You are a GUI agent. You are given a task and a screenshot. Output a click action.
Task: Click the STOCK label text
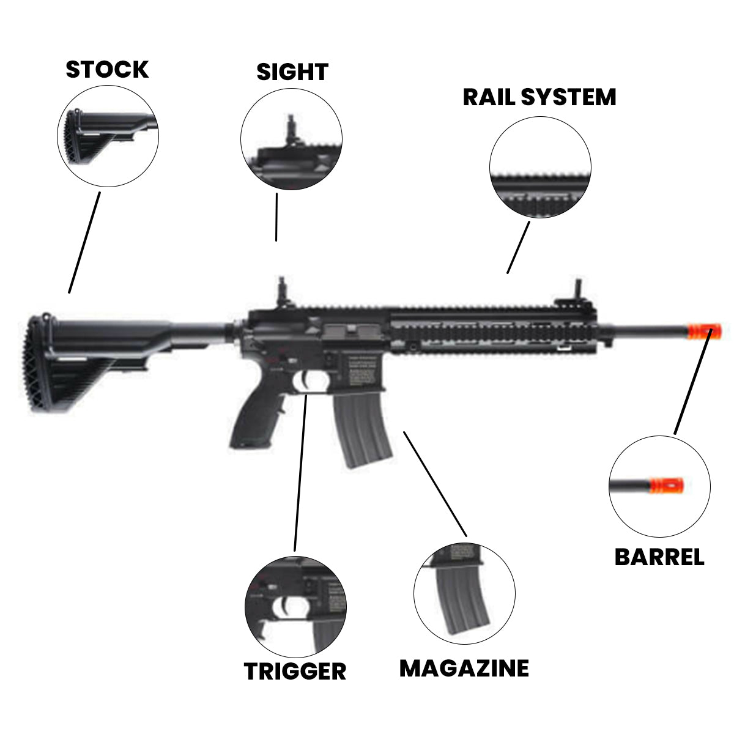pos(107,70)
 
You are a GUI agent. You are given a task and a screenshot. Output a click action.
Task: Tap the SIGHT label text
pos(292,72)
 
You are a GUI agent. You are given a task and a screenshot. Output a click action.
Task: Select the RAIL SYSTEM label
pos(539,97)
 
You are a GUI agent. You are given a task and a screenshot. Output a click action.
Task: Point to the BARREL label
pos(659,557)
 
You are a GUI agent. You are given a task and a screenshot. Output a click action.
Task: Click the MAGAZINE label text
pos(464,668)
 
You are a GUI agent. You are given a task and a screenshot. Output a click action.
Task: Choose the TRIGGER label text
pos(295,671)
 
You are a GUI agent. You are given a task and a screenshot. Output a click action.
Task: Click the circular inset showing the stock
pos(108,136)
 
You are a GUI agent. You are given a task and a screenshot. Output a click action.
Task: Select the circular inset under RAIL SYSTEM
pos(540,168)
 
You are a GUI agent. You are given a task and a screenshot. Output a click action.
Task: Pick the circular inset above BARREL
pos(659,486)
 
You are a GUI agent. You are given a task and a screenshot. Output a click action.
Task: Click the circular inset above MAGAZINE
pos(464,593)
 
